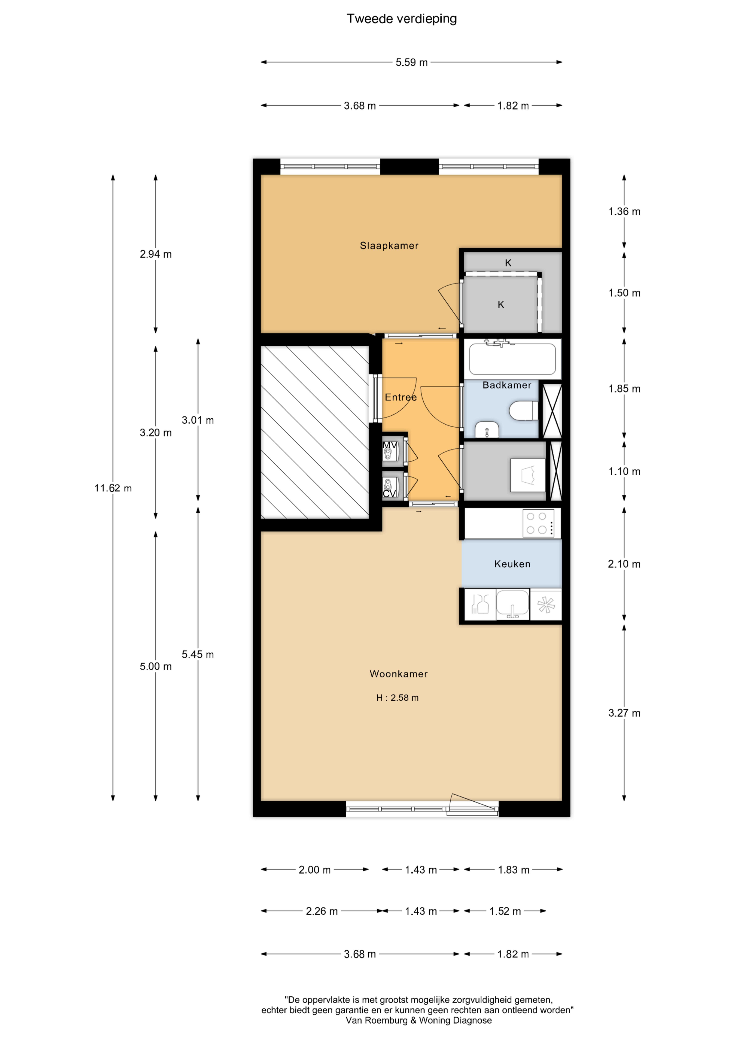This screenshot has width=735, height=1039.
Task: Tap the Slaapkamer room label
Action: coord(389,246)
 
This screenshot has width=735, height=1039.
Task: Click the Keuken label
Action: coord(512,564)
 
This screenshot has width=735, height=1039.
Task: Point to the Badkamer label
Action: coord(507,385)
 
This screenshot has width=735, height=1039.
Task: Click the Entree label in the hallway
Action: coord(401,397)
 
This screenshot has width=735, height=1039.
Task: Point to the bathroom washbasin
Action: coord(487,430)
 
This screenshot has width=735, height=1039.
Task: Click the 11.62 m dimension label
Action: coord(113,488)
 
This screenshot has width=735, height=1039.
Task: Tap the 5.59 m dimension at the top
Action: coord(411,62)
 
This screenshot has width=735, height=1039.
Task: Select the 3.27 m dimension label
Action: coord(624,713)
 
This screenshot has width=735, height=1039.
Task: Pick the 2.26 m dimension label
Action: coord(322,911)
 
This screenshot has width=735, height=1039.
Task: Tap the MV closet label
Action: coord(390,445)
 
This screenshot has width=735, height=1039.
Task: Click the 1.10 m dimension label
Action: coord(624,472)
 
